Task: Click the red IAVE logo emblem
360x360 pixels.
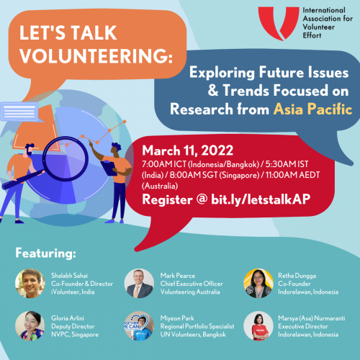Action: [279, 23]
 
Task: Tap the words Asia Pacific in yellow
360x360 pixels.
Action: [312, 109]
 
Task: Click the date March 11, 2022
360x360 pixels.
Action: [187, 150]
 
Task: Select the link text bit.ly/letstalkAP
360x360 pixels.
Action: [261, 199]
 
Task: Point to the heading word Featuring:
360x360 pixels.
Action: [45, 253]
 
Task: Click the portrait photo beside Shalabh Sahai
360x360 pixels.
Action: [30, 284]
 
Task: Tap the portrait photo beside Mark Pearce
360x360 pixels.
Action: [139, 284]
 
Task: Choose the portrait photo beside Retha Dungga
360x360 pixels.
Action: [258, 284]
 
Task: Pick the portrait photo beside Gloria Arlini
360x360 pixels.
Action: [30, 326]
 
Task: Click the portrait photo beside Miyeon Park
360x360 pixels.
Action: [139, 326]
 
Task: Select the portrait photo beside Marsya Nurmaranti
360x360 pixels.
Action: [258, 326]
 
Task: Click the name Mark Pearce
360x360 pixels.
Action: [178, 276]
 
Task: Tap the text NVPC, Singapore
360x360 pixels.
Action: [75, 335]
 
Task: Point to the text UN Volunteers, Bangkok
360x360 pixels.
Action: [193, 335]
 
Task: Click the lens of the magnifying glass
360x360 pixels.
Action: [66, 159]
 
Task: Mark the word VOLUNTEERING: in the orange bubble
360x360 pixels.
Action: [96, 56]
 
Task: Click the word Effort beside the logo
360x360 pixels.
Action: [312, 35]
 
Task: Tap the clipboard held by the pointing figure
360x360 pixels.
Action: [109, 168]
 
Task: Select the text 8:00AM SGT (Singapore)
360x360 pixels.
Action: [215, 175]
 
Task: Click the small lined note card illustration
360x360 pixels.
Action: [19, 112]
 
